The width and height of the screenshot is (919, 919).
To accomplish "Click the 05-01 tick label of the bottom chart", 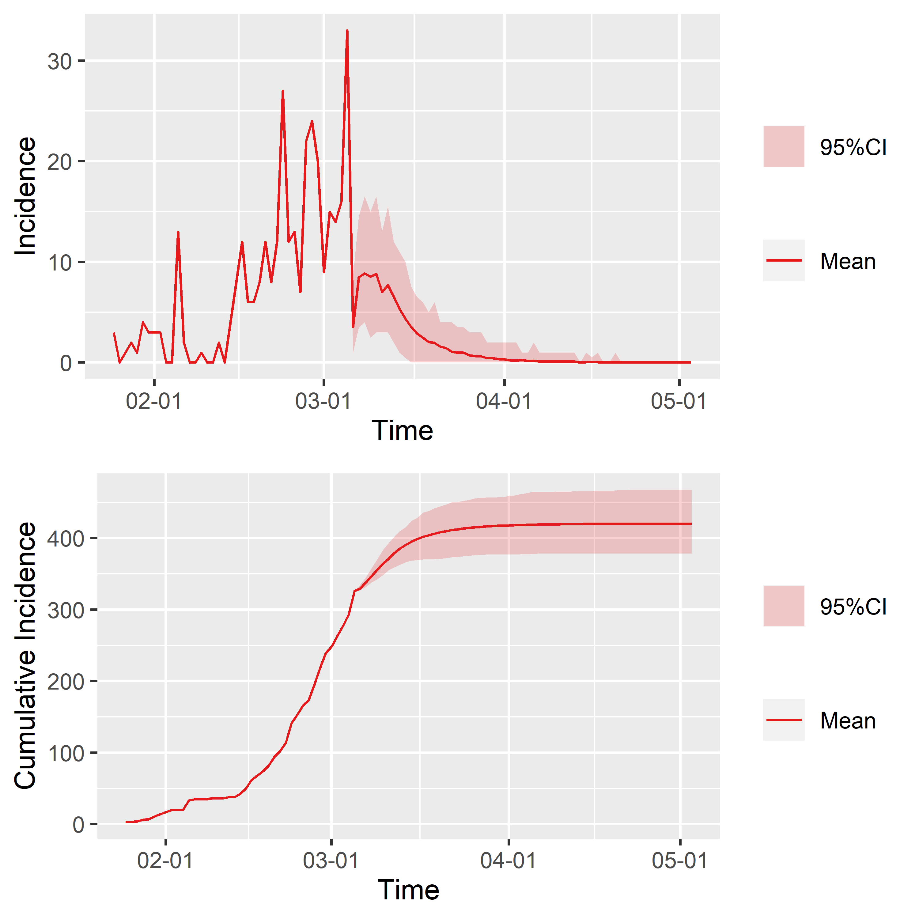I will click(x=680, y=861).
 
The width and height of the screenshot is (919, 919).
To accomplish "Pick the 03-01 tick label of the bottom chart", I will click(x=331, y=861).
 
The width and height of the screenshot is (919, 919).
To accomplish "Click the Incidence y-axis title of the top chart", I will click(x=25, y=196).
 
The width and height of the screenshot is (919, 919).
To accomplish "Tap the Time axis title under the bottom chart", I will click(x=408, y=890).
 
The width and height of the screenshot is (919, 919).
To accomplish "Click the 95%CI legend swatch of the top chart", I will click(x=783, y=146).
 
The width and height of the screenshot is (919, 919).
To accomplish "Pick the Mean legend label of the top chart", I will click(x=848, y=262).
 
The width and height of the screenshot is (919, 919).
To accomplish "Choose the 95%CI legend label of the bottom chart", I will click(x=853, y=607).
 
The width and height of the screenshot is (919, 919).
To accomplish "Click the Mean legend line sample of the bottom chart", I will click(x=783, y=720).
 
